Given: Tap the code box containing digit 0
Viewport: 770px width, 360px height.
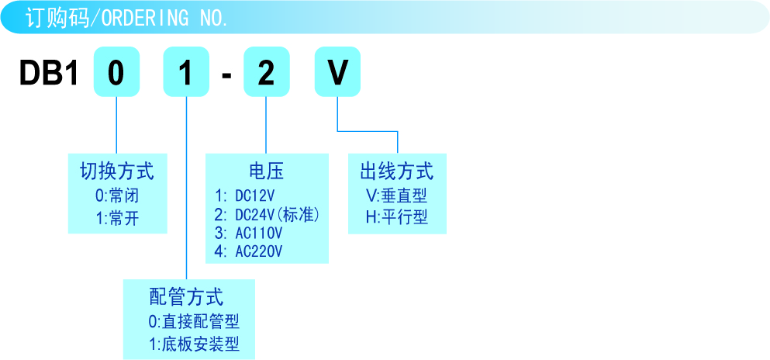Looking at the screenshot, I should coord(116,73).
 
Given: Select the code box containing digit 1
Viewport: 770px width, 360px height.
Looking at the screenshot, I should coord(186,73).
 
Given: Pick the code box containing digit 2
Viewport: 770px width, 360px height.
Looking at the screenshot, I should coord(266,73).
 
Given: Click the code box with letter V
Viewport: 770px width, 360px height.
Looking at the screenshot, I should coord(338,73).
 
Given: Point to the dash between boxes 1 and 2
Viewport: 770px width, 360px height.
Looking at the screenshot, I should coord(226,74).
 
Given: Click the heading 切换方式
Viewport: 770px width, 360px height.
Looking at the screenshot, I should coord(117,171).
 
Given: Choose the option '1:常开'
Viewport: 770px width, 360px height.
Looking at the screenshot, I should coord(117,219).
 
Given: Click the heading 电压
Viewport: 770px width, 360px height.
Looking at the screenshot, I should coord(266,171).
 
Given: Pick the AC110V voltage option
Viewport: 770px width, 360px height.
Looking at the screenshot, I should coord(250,233).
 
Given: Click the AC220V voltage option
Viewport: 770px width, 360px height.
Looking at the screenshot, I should coord(250,251).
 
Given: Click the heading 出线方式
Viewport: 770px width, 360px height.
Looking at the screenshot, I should coord(397,171).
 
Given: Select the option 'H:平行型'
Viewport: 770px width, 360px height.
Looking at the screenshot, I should coord(397,218).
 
